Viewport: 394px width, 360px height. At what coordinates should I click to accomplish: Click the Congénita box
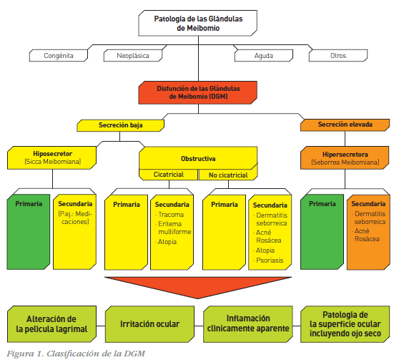59,55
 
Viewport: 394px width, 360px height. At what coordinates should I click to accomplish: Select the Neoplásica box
133,55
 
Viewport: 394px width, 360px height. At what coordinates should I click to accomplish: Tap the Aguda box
264,55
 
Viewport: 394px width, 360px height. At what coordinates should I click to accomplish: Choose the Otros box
338,55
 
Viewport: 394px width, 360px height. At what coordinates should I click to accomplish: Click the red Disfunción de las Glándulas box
198,92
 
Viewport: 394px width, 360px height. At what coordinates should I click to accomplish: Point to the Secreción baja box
121,125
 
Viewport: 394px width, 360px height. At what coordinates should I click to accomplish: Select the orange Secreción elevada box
345,125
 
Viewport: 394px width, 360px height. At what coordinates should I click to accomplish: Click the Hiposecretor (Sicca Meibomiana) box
52,157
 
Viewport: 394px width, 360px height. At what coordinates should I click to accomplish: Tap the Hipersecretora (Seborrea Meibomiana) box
345,158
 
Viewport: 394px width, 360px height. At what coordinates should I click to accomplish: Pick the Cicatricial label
168,175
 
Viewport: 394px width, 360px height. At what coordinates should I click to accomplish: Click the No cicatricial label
228,175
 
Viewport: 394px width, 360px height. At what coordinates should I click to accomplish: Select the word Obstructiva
198,158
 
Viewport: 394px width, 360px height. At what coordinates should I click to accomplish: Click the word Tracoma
171,215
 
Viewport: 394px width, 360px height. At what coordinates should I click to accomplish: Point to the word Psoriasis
270,260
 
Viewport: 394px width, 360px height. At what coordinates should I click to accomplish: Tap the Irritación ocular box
149,324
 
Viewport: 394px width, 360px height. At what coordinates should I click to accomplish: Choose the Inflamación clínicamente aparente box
248,324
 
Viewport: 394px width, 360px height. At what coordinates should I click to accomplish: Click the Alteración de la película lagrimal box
51,324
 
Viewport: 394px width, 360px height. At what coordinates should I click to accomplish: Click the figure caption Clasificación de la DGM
96,354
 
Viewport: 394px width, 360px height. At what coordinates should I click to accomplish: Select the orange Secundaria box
368,232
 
